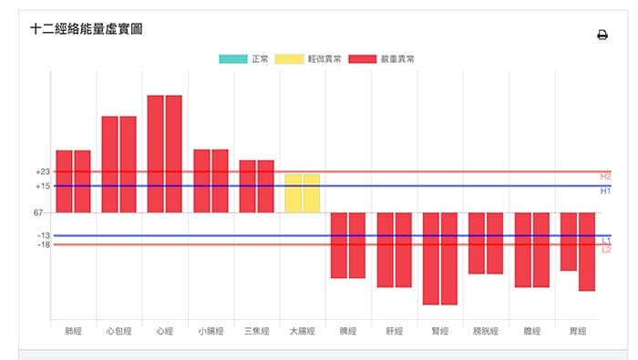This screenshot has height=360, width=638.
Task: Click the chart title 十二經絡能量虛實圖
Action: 86,29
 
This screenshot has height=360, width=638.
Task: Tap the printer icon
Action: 602,36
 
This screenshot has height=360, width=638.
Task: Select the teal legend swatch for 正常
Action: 233,59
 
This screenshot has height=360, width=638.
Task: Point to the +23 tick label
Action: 42,171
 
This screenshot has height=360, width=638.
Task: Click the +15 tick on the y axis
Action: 42,186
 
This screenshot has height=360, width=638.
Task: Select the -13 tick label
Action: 43,236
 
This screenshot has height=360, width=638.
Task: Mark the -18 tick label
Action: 43,245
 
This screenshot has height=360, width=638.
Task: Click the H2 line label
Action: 605,176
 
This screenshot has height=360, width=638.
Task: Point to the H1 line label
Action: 605,191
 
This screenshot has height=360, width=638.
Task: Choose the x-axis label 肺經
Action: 73,331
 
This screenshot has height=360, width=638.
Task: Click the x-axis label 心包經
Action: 118,331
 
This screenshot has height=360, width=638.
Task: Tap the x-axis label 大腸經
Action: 302,331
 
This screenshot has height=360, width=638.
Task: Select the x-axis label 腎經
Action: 439,331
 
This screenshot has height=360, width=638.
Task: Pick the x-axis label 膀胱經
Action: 485,331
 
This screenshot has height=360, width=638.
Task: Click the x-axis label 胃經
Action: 577,331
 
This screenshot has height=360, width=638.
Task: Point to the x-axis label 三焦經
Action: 256,331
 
